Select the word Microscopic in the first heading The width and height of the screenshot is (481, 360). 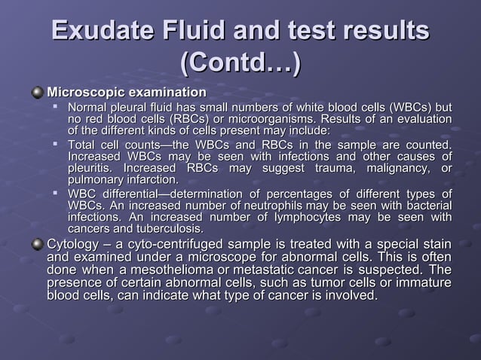pyautogui.click(x=84, y=92)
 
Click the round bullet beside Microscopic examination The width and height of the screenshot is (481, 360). pyautogui.click(x=37, y=93)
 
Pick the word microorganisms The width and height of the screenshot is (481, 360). pyautogui.click(x=278, y=121)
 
